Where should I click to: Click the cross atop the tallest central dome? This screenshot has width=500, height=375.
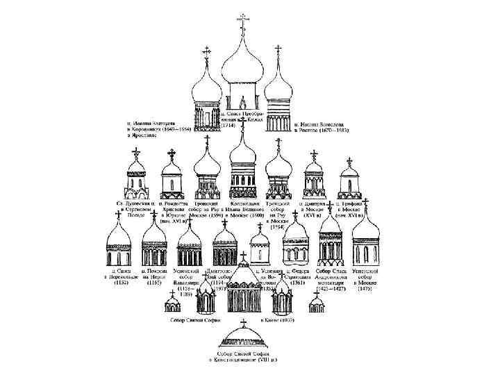(243, 18)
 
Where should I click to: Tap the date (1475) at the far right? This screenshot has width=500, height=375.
(367, 288)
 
